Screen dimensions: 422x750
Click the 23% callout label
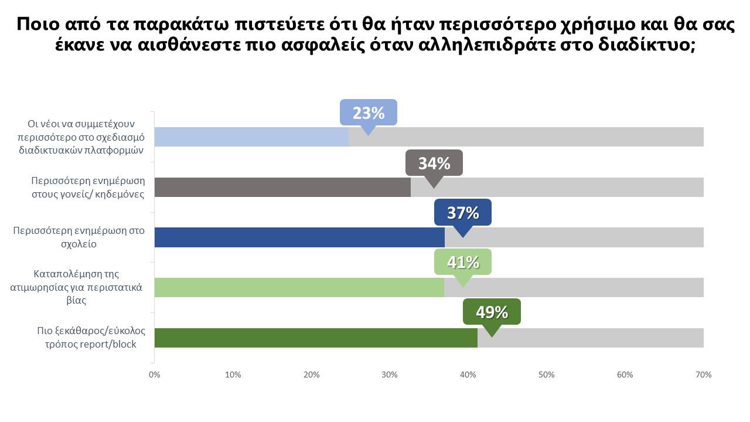(369, 113)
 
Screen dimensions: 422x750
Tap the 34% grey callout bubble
(434, 163)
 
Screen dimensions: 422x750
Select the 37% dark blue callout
(463, 213)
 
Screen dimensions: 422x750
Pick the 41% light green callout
(463, 263)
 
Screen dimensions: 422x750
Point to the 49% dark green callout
(492, 312)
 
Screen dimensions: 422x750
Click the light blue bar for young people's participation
(251, 137)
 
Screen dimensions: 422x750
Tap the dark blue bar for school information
(299, 237)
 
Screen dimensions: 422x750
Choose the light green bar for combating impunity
(299, 287)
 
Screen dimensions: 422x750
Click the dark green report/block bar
(316, 338)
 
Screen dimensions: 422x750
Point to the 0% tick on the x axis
(154, 375)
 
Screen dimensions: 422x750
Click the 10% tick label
(233, 375)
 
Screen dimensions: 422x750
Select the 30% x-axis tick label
(390, 375)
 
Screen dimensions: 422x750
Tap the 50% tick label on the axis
(547, 375)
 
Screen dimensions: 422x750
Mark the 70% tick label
(703, 375)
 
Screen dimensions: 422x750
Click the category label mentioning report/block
(91, 337)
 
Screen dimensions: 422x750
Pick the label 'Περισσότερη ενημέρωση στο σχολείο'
(79, 237)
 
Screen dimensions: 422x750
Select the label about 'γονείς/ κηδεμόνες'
(88, 187)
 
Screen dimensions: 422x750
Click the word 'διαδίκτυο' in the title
(647, 45)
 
